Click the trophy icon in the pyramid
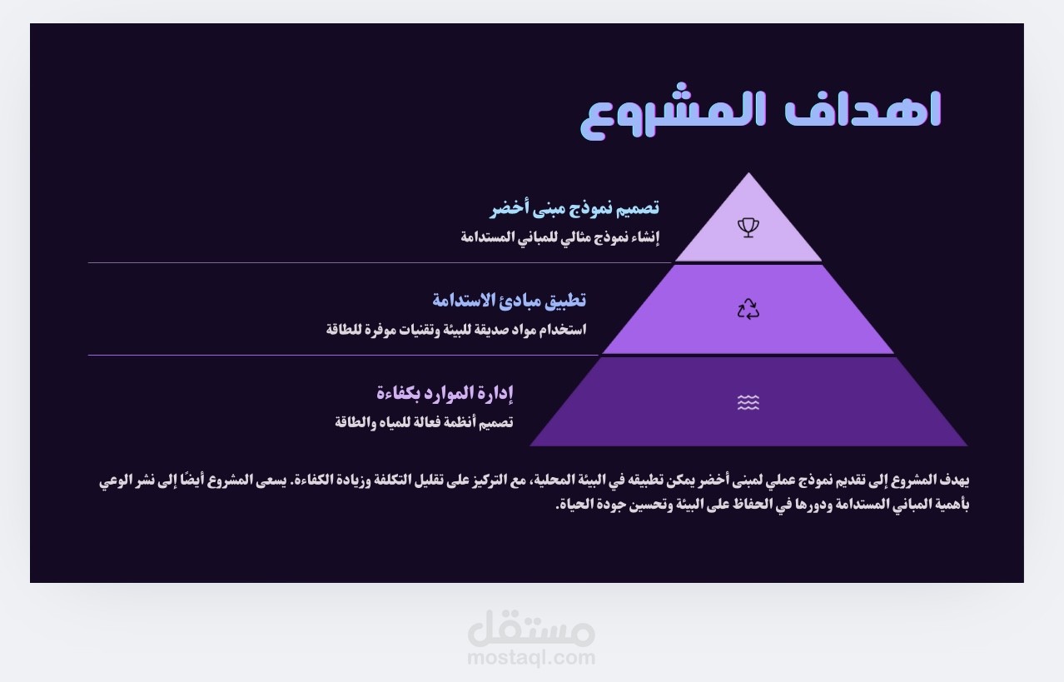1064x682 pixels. (748, 227)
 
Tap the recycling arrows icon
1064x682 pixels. (748, 309)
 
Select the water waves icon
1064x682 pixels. (748, 402)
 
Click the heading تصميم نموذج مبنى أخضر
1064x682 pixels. (574, 208)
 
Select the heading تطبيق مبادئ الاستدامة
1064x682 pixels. (510, 301)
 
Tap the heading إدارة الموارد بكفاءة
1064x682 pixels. (445, 393)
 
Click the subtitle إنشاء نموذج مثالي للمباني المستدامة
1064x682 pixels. (560, 236)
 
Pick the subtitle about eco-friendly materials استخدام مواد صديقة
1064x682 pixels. (456, 329)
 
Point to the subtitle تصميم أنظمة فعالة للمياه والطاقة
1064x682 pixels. (424, 422)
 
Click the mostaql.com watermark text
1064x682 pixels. (531, 658)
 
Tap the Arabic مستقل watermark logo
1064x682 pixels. (531, 629)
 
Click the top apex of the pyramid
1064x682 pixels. (748, 172)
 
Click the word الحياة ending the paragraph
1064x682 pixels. (571, 504)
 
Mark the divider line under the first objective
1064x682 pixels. (380, 262)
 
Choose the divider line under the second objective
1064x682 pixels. (343, 355)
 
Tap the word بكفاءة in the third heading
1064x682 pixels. (398, 394)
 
